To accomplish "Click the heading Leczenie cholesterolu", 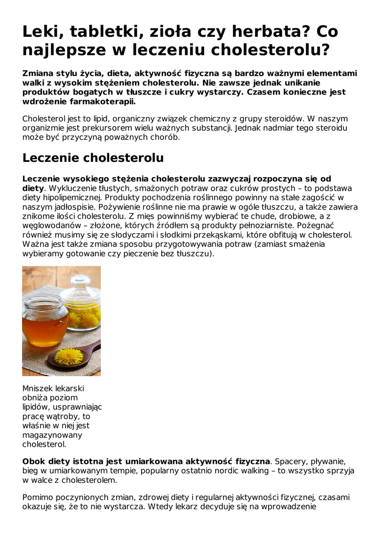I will [93, 158].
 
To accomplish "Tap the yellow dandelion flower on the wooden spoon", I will [69, 357].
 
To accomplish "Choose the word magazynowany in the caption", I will [52, 435].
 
